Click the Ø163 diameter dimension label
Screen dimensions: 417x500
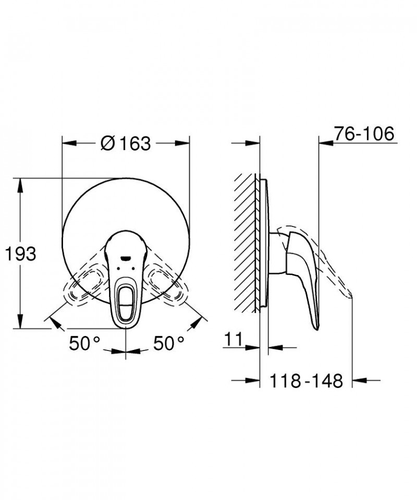pos(126,143)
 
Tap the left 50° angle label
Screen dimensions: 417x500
pos(85,343)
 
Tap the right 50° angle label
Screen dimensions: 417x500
pos(169,343)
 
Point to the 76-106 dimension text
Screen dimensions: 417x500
pos(364,134)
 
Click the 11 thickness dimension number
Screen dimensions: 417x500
pos(234,339)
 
